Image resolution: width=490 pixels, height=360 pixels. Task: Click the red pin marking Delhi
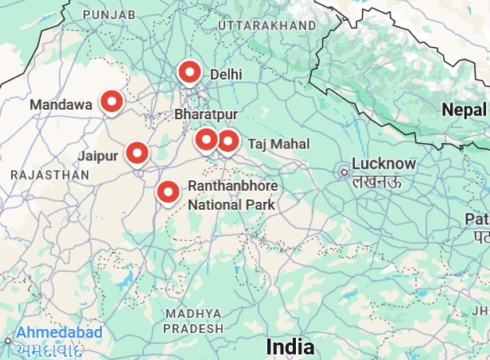point(189,73)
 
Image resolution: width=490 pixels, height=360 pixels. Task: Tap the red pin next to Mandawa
point(112,102)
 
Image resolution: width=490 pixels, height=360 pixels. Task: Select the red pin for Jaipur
point(138,153)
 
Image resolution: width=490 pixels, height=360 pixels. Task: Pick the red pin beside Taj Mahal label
point(228,141)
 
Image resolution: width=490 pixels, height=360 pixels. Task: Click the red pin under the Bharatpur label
point(207,141)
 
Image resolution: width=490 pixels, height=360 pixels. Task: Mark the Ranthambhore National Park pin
point(168,192)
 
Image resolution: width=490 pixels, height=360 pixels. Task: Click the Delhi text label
point(225,74)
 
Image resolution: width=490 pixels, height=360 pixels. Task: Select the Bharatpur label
point(206,115)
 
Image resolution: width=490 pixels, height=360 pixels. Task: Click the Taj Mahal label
point(278,144)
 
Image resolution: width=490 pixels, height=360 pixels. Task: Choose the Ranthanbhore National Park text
point(232,195)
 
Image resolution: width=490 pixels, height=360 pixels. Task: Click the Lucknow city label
point(383,165)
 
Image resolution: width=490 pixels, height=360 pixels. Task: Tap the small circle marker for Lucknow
point(344,172)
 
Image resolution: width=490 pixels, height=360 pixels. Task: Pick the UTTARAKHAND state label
point(266,26)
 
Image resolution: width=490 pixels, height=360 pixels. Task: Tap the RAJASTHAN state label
point(49,173)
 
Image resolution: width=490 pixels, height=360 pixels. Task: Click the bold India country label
point(290,347)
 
